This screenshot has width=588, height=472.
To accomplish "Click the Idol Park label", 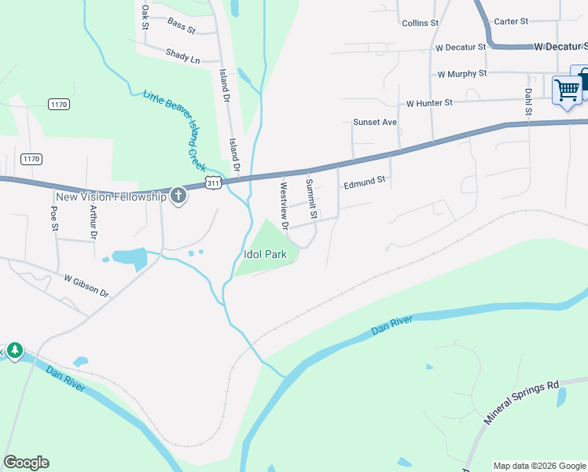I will (264, 254).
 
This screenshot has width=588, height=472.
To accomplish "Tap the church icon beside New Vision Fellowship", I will (178, 195).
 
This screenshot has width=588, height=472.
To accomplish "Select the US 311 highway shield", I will (212, 183).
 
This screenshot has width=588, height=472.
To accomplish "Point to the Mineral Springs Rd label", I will (520, 404).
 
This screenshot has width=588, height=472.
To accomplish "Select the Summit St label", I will (311, 199).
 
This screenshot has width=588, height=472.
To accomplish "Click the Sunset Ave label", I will (375, 122).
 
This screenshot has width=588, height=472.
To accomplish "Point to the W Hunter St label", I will (429, 103).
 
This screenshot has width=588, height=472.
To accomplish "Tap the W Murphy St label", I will (462, 74).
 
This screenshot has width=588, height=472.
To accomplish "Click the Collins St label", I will (419, 24).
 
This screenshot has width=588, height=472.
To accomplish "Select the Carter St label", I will (511, 21).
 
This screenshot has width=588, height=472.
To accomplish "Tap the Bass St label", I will (181, 26).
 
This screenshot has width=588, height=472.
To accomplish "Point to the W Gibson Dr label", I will (86, 284).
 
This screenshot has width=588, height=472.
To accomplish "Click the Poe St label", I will (54, 217).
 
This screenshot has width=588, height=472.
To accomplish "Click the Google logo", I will (26, 463).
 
